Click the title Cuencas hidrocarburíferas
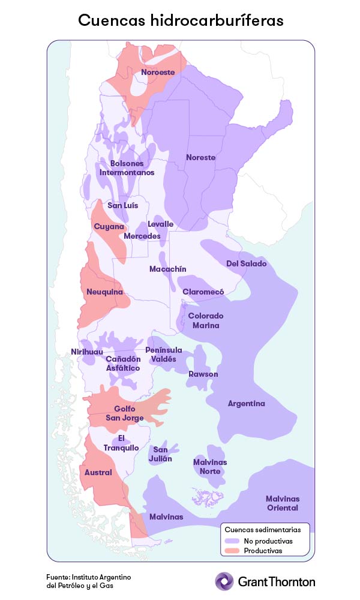pyautogui.click(x=180, y=20)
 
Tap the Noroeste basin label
pyautogui.click(x=158, y=73)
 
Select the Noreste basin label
pyautogui.click(x=200, y=158)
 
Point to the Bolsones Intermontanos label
pyautogui.click(x=127, y=168)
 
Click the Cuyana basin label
pyautogui.click(x=109, y=227)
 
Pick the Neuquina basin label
pyautogui.click(x=105, y=292)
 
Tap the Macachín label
pyautogui.click(x=167, y=269)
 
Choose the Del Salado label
pyautogui.click(x=246, y=264)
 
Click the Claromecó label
pyautogui.click(x=203, y=292)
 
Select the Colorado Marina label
pyautogui.click(x=206, y=320)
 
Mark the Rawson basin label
pyautogui.click(x=203, y=374)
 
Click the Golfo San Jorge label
pyautogui.click(x=124, y=413)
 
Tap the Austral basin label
pyautogui.click(x=98, y=473)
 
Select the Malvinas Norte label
pyautogui.click(x=210, y=467)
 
